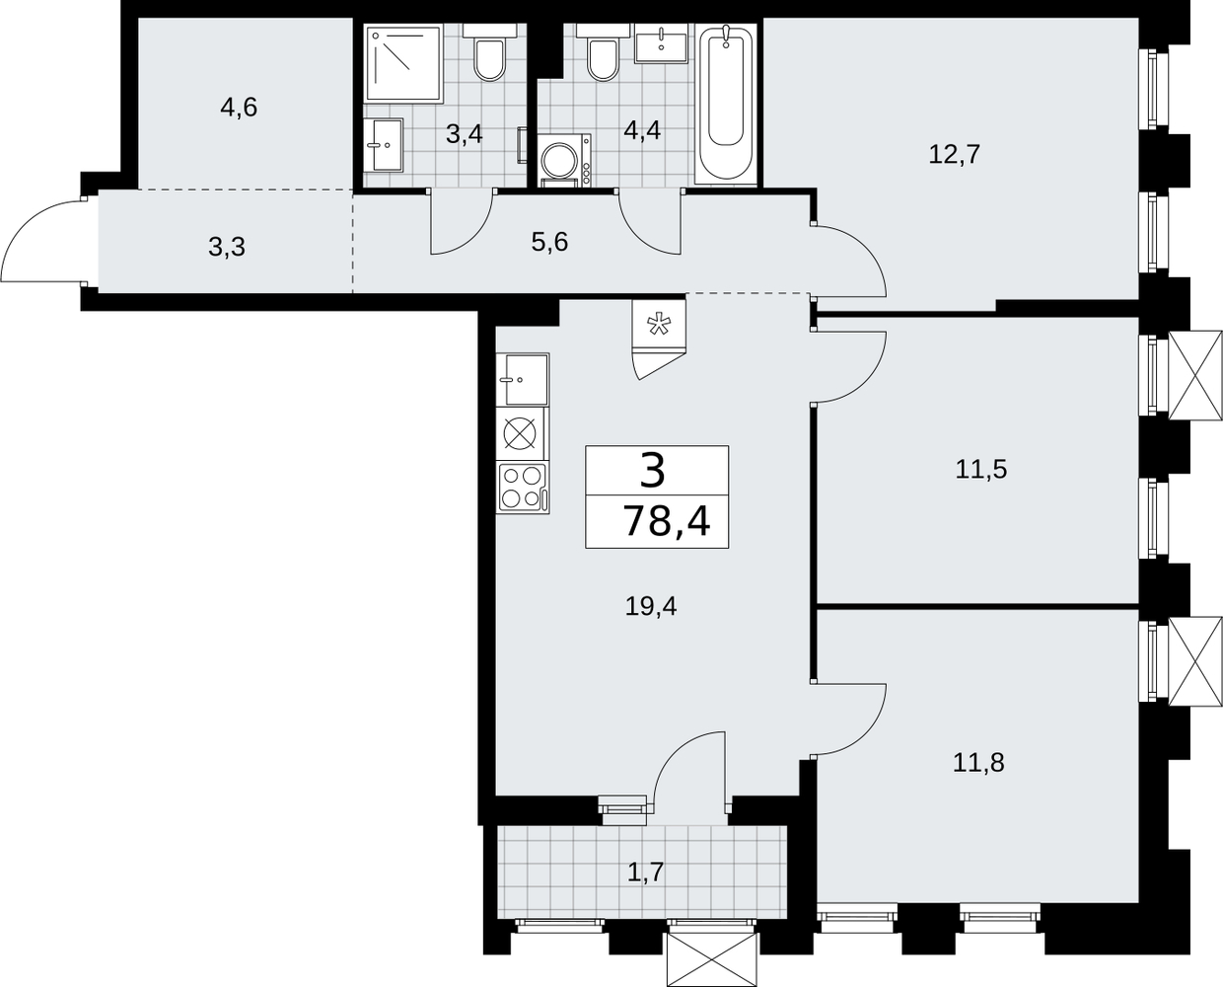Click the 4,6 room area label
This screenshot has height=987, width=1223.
239,108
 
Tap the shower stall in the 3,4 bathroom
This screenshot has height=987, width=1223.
403,64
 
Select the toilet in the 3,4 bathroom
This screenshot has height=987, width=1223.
489,51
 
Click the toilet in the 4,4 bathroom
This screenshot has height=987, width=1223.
603,51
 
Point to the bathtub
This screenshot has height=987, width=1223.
726,104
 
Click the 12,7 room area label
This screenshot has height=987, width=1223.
954,154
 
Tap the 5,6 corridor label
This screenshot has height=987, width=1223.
549,243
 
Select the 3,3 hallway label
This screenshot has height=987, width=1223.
227,248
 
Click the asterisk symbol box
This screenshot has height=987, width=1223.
659,324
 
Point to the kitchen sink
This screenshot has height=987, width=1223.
523,379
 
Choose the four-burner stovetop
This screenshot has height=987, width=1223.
523,488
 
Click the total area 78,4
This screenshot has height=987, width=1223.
667,521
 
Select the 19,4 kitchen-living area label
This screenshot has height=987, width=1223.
651,606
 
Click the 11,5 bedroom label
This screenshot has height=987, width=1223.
981,470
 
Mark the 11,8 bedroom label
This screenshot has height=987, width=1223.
978,762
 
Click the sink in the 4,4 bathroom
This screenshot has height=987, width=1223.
661,43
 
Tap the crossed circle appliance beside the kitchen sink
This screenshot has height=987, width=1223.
520,434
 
